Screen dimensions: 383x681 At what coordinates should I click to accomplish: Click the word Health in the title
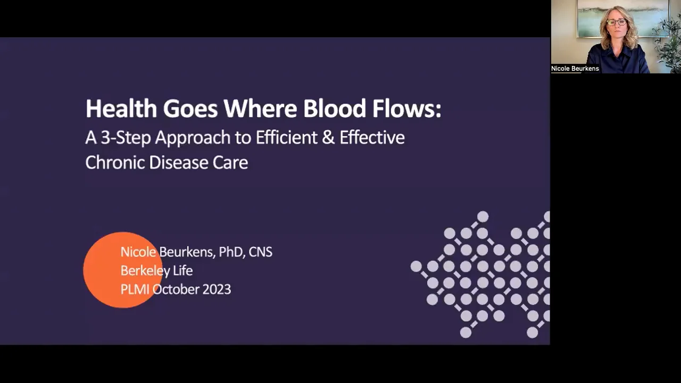[x=121, y=109]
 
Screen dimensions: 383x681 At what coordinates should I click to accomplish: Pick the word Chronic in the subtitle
[x=115, y=162]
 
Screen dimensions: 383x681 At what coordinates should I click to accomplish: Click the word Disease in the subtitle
[x=179, y=162]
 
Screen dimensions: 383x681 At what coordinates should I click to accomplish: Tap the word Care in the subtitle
[x=230, y=162]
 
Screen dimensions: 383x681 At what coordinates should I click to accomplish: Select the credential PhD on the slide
[x=231, y=252]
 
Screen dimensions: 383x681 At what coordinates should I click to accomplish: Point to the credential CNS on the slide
[x=260, y=252]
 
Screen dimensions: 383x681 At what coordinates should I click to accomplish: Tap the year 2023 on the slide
[x=216, y=289]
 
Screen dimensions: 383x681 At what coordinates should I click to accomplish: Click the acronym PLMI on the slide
[x=135, y=289]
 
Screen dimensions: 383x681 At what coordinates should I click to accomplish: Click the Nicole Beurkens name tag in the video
[x=575, y=69]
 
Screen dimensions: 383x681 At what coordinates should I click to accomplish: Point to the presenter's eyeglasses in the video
[x=616, y=22]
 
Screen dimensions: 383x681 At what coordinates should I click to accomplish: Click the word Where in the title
[x=261, y=109]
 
